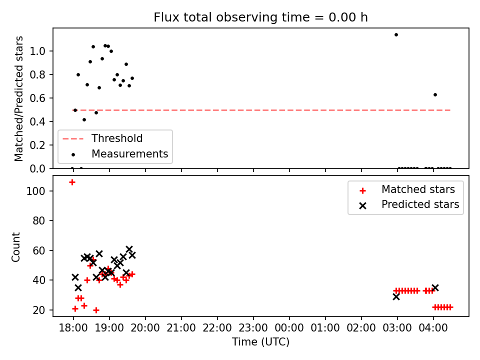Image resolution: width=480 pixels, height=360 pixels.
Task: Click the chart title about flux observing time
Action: [x=260, y=17]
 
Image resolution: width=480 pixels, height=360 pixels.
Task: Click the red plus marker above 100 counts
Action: [x=72, y=182]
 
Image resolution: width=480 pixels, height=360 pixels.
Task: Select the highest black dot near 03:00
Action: [x=396, y=35]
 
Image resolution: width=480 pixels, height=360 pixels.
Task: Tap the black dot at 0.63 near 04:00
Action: [x=435, y=95]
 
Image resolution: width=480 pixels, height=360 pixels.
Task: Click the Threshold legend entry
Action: [x=102, y=138]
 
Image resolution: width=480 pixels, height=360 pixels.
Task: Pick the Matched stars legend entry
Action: [x=407, y=190]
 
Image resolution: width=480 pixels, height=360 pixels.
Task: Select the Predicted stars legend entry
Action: [x=409, y=205]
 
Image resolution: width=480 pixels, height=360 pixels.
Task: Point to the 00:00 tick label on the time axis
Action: [x=289, y=328]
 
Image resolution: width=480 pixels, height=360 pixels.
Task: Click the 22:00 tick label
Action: [x=217, y=328]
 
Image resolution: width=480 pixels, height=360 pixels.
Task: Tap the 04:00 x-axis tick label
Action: [x=433, y=328]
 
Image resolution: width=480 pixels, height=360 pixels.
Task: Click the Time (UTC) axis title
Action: [x=260, y=342]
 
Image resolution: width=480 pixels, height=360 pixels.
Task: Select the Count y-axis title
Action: [x=16, y=246]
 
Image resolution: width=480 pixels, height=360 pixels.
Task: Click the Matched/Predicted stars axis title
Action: [x=19, y=98]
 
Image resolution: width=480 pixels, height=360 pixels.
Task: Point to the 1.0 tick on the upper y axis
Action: [x=37, y=51]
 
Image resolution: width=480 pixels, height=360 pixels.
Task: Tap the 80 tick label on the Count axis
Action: [x=39, y=220]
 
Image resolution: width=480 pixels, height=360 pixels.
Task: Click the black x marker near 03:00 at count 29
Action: [x=396, y=296]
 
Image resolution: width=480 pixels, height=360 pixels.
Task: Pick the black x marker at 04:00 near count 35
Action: [x=435, y=288]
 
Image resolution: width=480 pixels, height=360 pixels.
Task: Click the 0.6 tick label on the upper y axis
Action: [x=37, y=98]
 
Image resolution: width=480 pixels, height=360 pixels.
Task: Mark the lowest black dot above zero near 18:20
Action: [x=84, y=120]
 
